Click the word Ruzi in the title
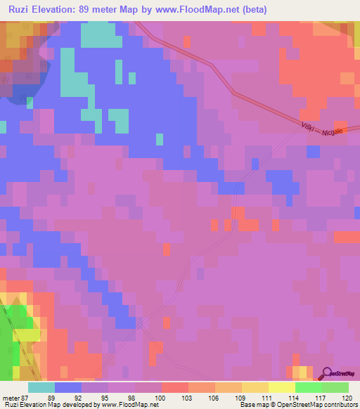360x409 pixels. (22, 10)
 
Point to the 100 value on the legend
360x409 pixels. (161, 397)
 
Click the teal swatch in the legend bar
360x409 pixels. (41, 387)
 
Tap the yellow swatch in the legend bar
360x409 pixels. (281, 387)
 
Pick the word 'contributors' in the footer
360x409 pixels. (342, 405)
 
